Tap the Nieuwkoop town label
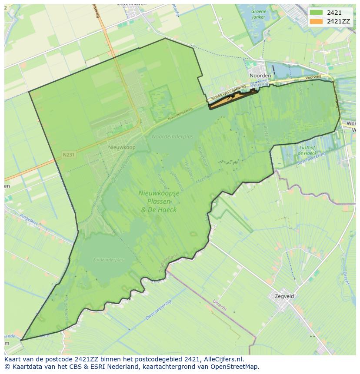[x=122, y=148]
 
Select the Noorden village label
[x=260, y=75]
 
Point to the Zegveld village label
[x=284, y=296]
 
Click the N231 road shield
[x=69, y=155]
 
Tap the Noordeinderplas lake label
[x=172, y=136]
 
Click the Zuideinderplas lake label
[x=108, y=260]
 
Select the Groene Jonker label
[x=259, y=14]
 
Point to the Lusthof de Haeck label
[x=307, y=150]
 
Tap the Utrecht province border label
[x=220, y=305]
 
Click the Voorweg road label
[x=313, y=78]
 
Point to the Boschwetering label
[x=311, y=158]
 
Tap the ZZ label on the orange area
[x=230, y=99]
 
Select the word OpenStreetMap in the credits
[x=237, y=367]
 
